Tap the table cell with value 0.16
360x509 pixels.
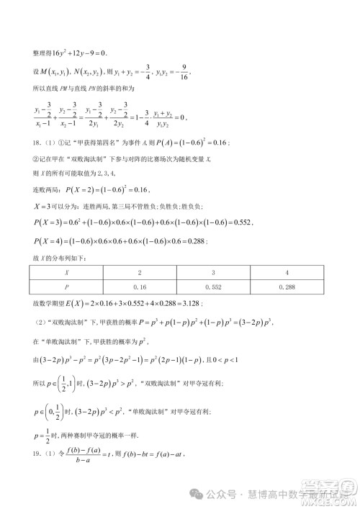(140, 287)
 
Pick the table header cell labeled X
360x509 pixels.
(67, 273)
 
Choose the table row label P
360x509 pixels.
(67, 287)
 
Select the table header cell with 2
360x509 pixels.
(140, 273)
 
